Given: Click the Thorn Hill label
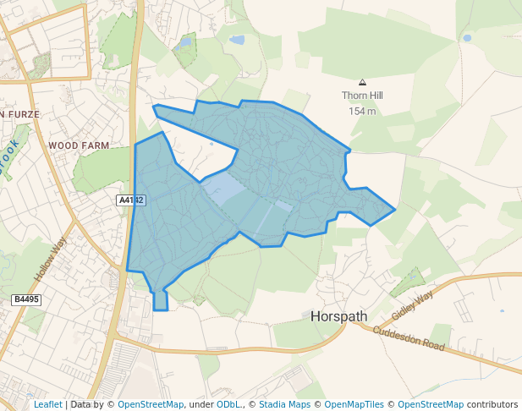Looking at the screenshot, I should (362, 96).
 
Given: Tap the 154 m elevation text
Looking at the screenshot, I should (362, 111).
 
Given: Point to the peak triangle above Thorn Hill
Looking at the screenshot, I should (362, 82).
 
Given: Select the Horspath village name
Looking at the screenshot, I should (339, 317).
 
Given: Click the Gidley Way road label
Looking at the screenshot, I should (412, 304).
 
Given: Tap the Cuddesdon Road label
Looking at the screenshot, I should (409, 337).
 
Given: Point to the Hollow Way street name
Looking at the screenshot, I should (51, 260).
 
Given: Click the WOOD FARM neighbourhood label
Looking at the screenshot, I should (79, 145).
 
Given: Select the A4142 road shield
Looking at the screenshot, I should (131, 200).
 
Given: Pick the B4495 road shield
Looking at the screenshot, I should (27, 299).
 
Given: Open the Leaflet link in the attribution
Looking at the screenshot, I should (48, 404).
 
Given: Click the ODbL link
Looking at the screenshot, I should (228, 404).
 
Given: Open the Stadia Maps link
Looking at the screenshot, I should (284, 404).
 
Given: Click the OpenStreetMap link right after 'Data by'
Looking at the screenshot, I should (151, 404).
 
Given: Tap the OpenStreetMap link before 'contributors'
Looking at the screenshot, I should (431, 404).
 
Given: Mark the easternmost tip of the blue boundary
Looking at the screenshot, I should (395, 209).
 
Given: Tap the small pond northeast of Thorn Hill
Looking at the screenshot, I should (467, 38).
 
